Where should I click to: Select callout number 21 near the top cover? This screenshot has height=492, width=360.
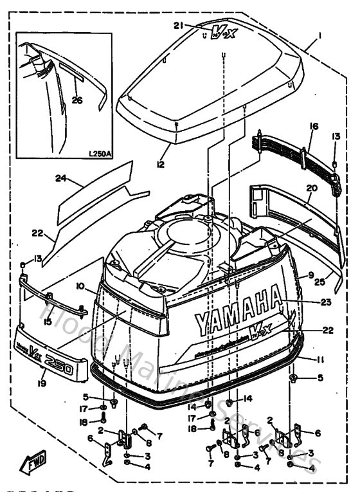[x=179, y=25]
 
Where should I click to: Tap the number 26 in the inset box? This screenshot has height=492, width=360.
[x=77, y=99]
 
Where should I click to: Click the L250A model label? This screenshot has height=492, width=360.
[x=99, y=154]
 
